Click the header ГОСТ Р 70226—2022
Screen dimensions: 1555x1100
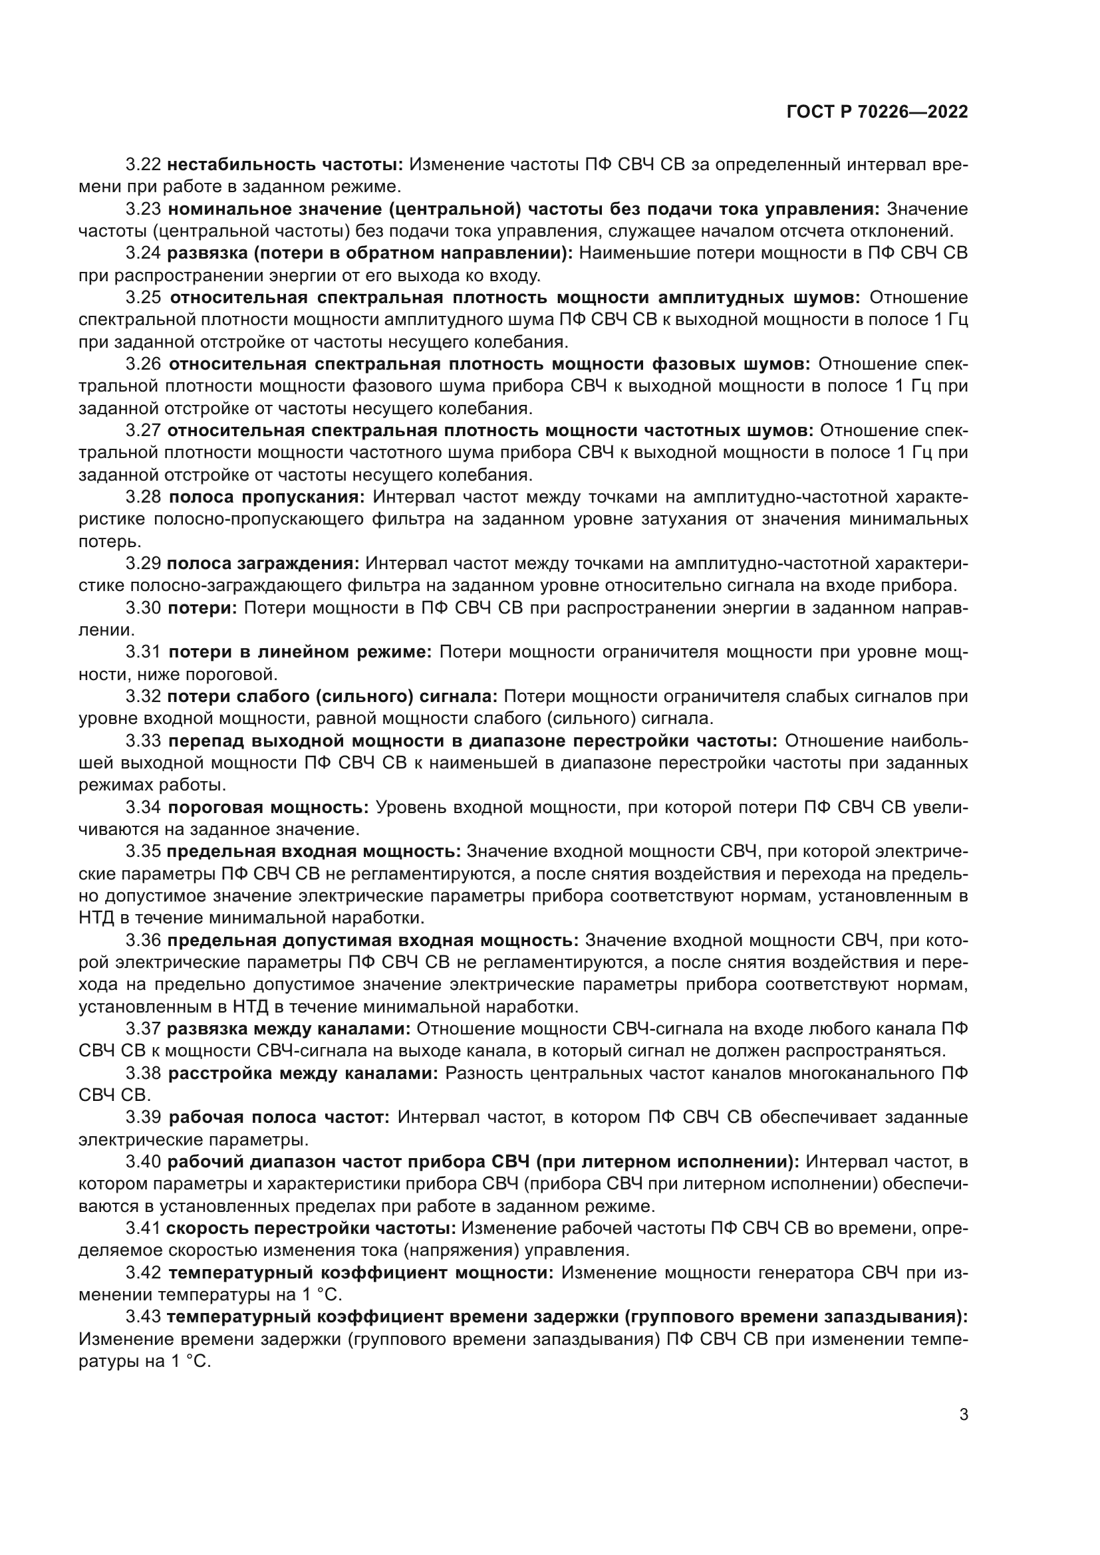coord(877,112)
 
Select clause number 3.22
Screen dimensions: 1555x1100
coord(143,165)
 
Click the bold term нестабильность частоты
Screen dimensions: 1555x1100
coord(285,165)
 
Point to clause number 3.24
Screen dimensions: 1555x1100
coord(143,253)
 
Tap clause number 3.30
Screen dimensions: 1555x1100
coord(143,608)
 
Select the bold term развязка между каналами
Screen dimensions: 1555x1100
coord(289,1029)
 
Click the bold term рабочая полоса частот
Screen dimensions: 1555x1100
coord(279,1118)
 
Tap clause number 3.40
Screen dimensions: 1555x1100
coord(143,1162)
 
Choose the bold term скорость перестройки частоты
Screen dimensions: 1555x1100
coord(310,1229)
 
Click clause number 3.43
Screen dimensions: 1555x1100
coord(143,1317)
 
